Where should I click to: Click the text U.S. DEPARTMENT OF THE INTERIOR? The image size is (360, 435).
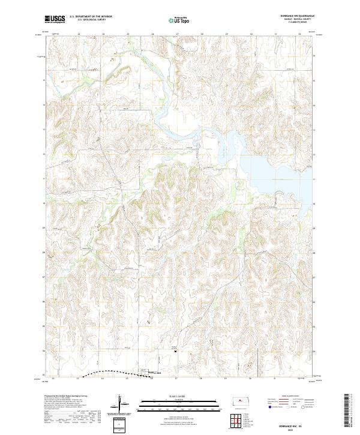tap(91, 17)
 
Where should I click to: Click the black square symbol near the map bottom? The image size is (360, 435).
tap(175, 352)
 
